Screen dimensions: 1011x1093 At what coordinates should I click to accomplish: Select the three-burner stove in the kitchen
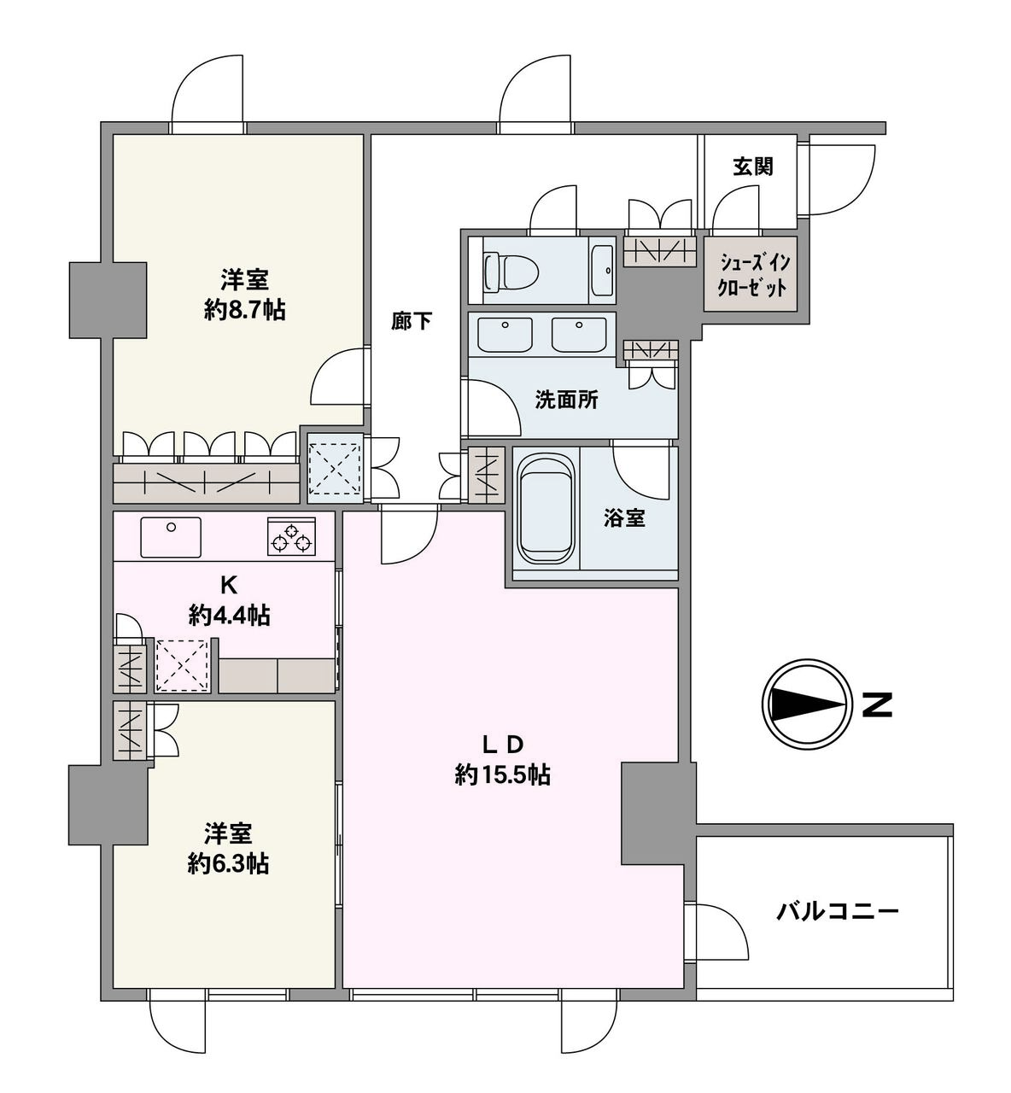pos(292,536)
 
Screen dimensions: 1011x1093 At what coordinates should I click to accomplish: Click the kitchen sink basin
pos(171,537)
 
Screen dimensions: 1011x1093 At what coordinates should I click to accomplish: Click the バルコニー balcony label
pos(837,912)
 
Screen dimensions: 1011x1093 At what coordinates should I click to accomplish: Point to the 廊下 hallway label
pos(412,321)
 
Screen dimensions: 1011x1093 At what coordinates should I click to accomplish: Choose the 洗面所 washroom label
pos(567,400)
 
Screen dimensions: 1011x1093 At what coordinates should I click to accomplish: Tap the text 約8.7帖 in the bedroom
pos(245,311)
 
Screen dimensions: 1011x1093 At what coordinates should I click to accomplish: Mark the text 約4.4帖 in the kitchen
pos(229,616)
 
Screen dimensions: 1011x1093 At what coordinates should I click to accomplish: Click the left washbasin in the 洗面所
pos(505,335)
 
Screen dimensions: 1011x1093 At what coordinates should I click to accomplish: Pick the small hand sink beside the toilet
pos(603,270)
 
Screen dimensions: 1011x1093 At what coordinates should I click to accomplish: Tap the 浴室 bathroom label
pos(624,517)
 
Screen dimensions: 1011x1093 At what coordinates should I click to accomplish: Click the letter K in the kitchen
pos(229,586)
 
